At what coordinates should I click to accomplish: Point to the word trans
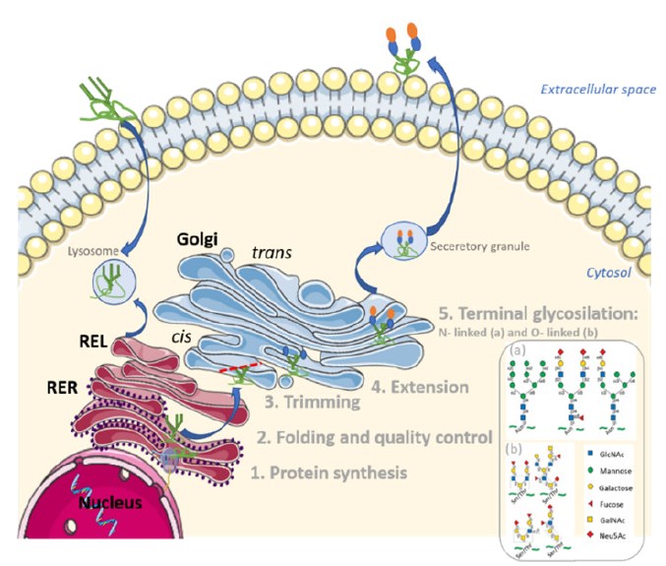pyautogui.click(x=273, y=253)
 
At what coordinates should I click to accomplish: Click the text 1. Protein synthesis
pyautogui.click(x=327, y=472)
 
